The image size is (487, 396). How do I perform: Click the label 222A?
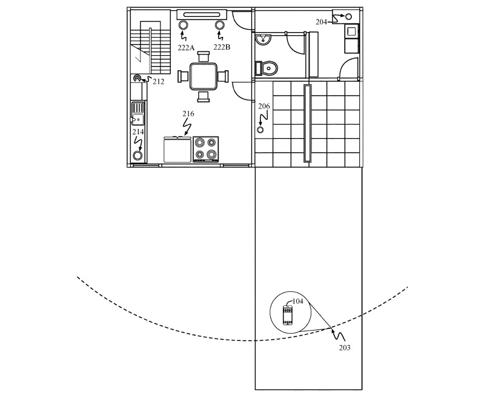186,47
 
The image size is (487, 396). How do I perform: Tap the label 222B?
222,47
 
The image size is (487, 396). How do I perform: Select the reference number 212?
159,82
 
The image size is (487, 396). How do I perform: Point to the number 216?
188,114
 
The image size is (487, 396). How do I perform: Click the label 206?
264,107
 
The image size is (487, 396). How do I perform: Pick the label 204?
322,22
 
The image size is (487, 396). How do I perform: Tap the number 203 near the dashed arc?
345,348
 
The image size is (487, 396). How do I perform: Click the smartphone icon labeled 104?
288,315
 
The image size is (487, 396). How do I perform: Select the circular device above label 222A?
183,25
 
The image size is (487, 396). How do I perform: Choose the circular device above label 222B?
220,25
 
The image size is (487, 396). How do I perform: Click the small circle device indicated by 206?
260,130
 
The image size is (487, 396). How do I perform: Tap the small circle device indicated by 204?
349,16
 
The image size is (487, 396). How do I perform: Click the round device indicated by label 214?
137,155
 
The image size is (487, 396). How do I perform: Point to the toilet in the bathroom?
267,68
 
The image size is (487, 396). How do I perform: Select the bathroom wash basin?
263,39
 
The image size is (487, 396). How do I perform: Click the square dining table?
203,76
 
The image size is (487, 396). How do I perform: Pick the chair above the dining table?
204,56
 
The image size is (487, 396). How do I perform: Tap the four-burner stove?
205,149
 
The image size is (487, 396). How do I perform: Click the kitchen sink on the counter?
138,113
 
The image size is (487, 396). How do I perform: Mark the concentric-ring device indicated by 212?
137,78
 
